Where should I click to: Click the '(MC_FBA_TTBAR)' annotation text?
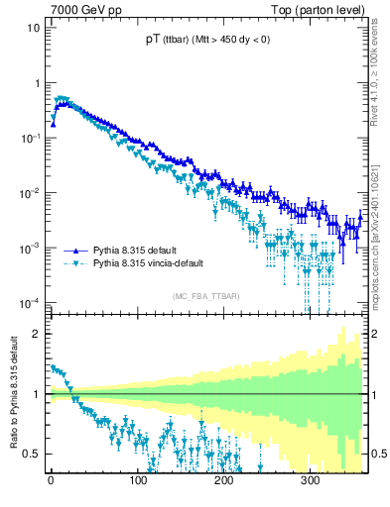(x=206, y=296)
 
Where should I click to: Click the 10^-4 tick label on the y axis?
(x=29, y=302)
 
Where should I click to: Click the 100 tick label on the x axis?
(x=137, y=481)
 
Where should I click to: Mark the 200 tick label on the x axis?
(x=223, y=481)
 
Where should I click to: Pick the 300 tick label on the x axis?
(x=310, y=481)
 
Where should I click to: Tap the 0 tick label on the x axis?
(x=51, y=481)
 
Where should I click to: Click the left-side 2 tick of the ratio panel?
(x=35, y=334)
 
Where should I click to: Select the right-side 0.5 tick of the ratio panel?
(x=377, y=454)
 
